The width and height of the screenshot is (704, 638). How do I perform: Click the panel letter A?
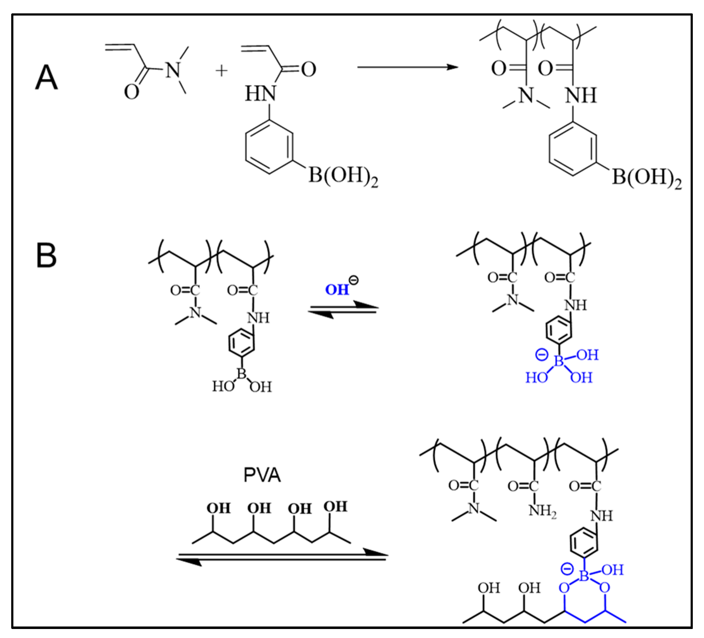(46, 78)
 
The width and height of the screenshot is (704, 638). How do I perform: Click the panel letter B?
(46, 255)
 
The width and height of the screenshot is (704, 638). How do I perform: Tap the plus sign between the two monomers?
(221, 71)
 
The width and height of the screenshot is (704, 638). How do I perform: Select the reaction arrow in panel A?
(407, 67)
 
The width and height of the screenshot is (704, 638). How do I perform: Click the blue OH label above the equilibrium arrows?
(337, 290)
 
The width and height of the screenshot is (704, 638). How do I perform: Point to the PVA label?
(262, 475)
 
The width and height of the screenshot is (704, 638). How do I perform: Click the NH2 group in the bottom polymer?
(542, 511)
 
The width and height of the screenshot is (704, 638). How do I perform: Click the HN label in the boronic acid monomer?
(260, 94)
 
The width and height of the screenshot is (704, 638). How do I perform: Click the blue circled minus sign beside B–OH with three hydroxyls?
(542, 355)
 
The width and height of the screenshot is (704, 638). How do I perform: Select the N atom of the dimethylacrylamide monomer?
(173, 70)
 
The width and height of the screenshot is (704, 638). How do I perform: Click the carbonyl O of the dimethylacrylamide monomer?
(132, 92)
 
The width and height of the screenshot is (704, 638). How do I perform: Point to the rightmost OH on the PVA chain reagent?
(335, 507)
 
